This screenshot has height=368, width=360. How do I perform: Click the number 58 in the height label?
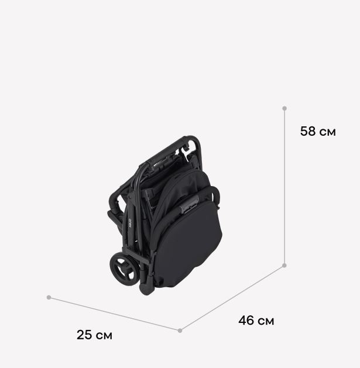click(308, 131)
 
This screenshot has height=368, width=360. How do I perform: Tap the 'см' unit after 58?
click(328, 133)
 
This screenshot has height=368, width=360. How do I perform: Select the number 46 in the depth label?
click(246, 321)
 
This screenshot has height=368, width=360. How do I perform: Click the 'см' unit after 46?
click(266, 322)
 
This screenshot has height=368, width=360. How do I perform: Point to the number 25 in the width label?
click(84, 335)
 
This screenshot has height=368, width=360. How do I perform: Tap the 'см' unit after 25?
click(104, 336)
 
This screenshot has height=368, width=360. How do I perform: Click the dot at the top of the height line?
click(284, 108)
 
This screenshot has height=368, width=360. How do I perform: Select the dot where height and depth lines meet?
click(284, 266)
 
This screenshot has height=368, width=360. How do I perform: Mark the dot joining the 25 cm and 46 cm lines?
click(180, 331)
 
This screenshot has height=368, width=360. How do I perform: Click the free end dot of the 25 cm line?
click(49, 297)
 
